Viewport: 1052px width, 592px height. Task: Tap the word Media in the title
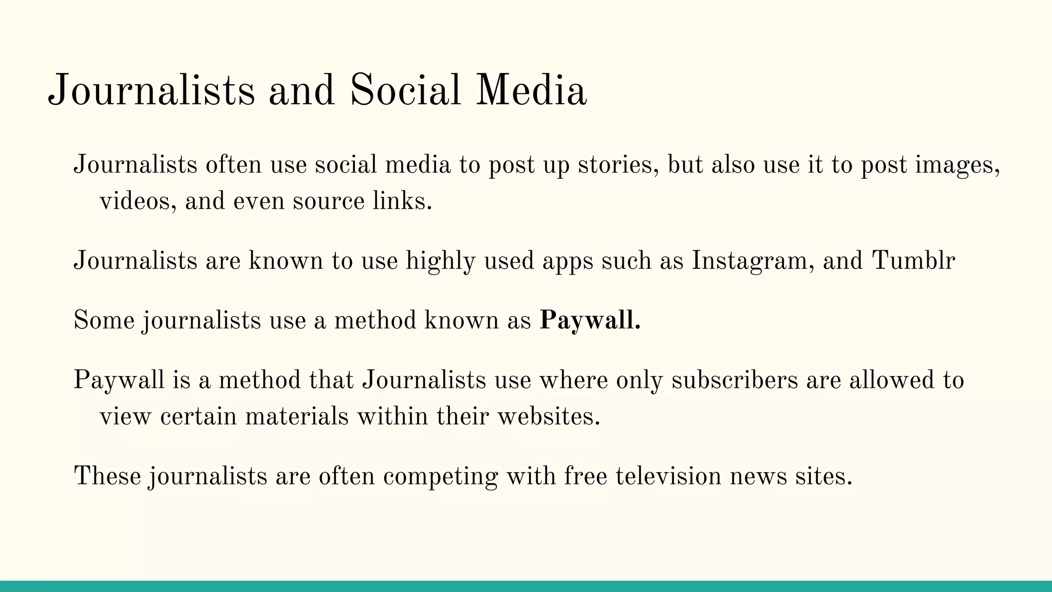pyautogui.click(x=531, y=91)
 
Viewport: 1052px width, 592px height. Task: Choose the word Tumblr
pyautogui.click(x=913, y=261)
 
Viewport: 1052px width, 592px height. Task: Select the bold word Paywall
pyautogui.click(x=590, y=320)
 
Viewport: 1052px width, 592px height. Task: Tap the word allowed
pyautogui.click(x=891, y=380)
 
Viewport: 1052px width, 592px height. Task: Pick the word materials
pyautogui.click(x=297, y=416)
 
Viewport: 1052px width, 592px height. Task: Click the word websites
pyautogui.click(x=549, y=416)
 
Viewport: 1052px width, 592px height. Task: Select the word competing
pyautogui.click(x=440, y=476)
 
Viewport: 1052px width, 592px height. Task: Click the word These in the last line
pyautogui.click(x=107, y=476)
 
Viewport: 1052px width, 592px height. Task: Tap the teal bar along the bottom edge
pyautogui.click(x=526, y=586)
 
